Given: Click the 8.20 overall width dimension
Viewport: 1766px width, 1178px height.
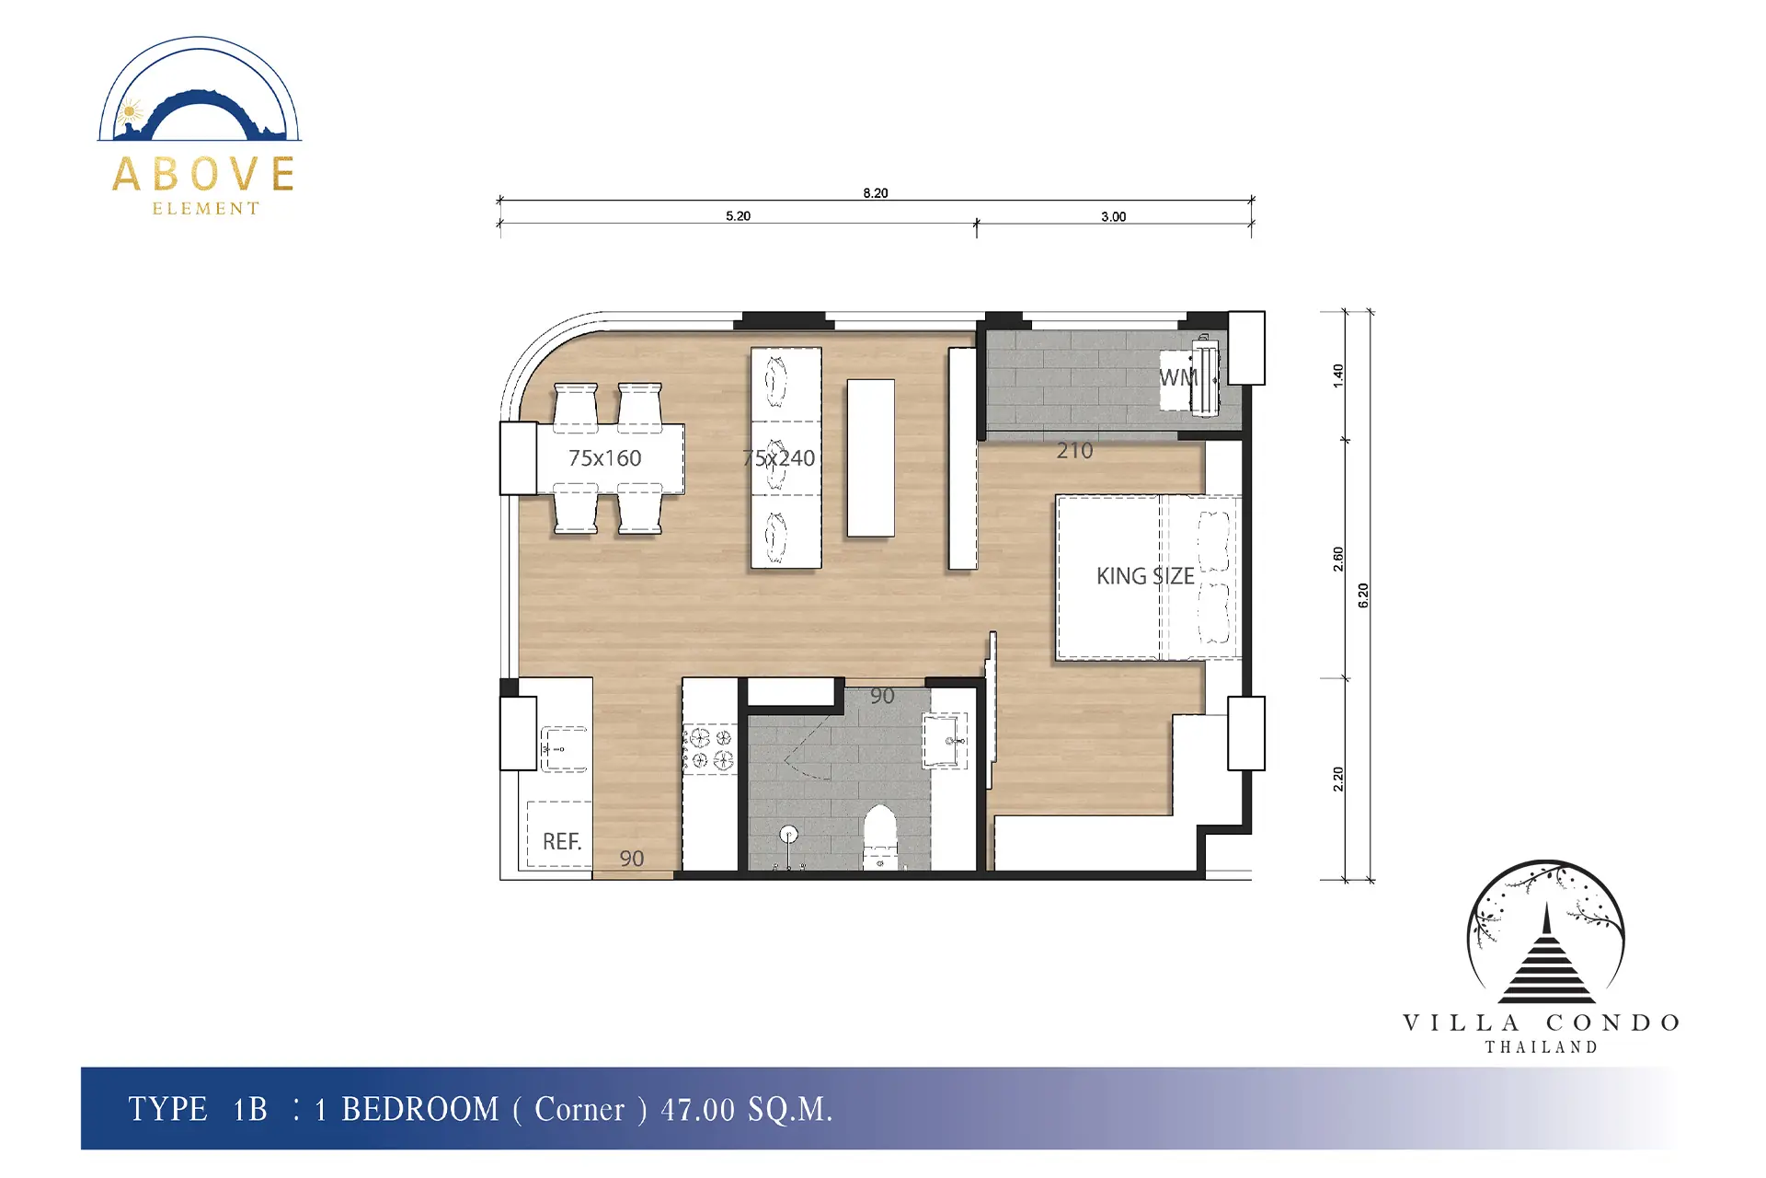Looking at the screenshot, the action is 876,193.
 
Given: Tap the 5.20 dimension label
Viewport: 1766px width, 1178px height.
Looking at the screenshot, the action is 738,216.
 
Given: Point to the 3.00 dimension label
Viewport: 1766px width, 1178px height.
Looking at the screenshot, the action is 1113,217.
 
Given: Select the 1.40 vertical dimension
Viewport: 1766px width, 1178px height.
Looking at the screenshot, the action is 1338,375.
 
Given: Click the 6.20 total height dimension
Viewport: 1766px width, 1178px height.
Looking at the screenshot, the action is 1363,595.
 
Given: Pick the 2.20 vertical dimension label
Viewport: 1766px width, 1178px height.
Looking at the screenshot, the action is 1338,780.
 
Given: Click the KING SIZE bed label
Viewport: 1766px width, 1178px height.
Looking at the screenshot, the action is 1145,576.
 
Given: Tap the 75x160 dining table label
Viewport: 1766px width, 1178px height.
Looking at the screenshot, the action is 604,458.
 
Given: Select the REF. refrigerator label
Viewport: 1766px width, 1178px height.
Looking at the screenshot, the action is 562,841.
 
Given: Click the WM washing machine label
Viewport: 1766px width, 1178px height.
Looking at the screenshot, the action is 1178,377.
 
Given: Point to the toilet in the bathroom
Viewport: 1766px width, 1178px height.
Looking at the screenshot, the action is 880,837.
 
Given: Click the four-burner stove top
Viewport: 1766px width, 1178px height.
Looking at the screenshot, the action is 710,748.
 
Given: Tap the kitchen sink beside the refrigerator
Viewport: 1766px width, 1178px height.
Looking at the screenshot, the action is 564,749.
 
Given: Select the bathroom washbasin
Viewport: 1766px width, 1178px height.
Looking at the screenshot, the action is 946,741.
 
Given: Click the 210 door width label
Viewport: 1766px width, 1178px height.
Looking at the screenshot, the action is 1074,451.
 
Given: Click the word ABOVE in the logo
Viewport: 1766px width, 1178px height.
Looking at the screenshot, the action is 204,174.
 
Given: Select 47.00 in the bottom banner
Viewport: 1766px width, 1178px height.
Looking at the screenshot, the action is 697,1110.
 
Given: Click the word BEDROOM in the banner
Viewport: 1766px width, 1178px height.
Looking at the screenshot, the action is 420,1109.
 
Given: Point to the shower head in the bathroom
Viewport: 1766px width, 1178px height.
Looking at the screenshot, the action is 787,835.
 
